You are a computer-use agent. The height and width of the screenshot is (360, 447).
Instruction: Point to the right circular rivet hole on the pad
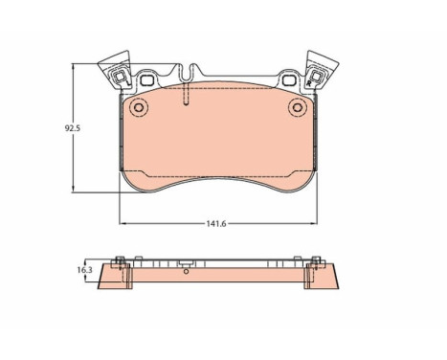click(298, 108)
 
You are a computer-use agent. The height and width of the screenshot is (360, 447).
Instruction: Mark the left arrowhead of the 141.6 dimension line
click(123, 221)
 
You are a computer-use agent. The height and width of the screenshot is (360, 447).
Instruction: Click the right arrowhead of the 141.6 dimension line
click(312, 221)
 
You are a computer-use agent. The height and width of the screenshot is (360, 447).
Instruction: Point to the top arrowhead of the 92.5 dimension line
click(77, 67)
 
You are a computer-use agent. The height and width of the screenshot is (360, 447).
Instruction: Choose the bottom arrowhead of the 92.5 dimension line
click(77, 189)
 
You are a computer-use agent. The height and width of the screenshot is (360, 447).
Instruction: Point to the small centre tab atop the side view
click(187, 259)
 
